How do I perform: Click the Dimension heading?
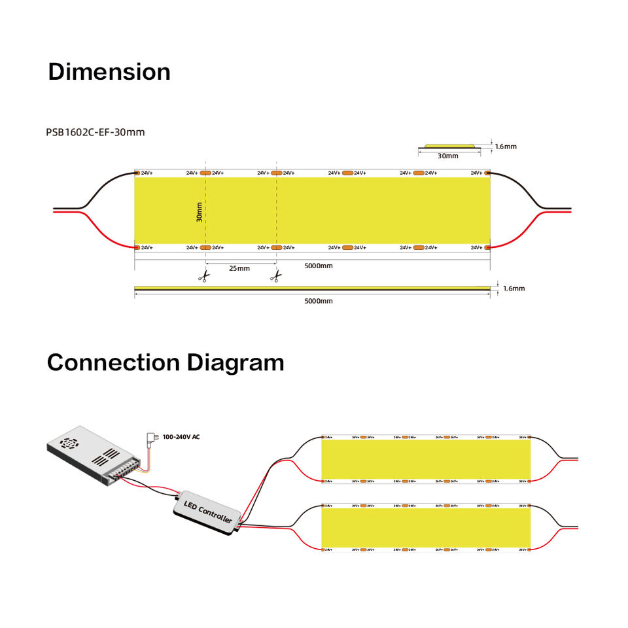(109, 72)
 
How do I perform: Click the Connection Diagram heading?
(166, 362)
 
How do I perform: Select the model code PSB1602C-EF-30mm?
(96, 132)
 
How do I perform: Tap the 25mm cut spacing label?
(239, 268)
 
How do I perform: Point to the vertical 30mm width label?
(199, 211)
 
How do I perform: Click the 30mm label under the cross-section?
(448, 156)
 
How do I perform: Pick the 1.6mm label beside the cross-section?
(506, 147)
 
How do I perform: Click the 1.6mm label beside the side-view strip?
(514, 288)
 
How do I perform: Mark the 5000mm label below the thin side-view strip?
(319, 301)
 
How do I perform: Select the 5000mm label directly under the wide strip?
(319, 266)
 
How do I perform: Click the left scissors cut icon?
(204, 277)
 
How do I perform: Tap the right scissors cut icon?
(275, 277)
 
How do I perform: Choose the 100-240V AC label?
(181, 436)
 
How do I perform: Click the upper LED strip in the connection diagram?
(425, 459)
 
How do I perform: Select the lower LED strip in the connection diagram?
(425, 528)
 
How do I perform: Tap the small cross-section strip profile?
(449, 146)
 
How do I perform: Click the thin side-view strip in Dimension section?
(312, 288)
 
